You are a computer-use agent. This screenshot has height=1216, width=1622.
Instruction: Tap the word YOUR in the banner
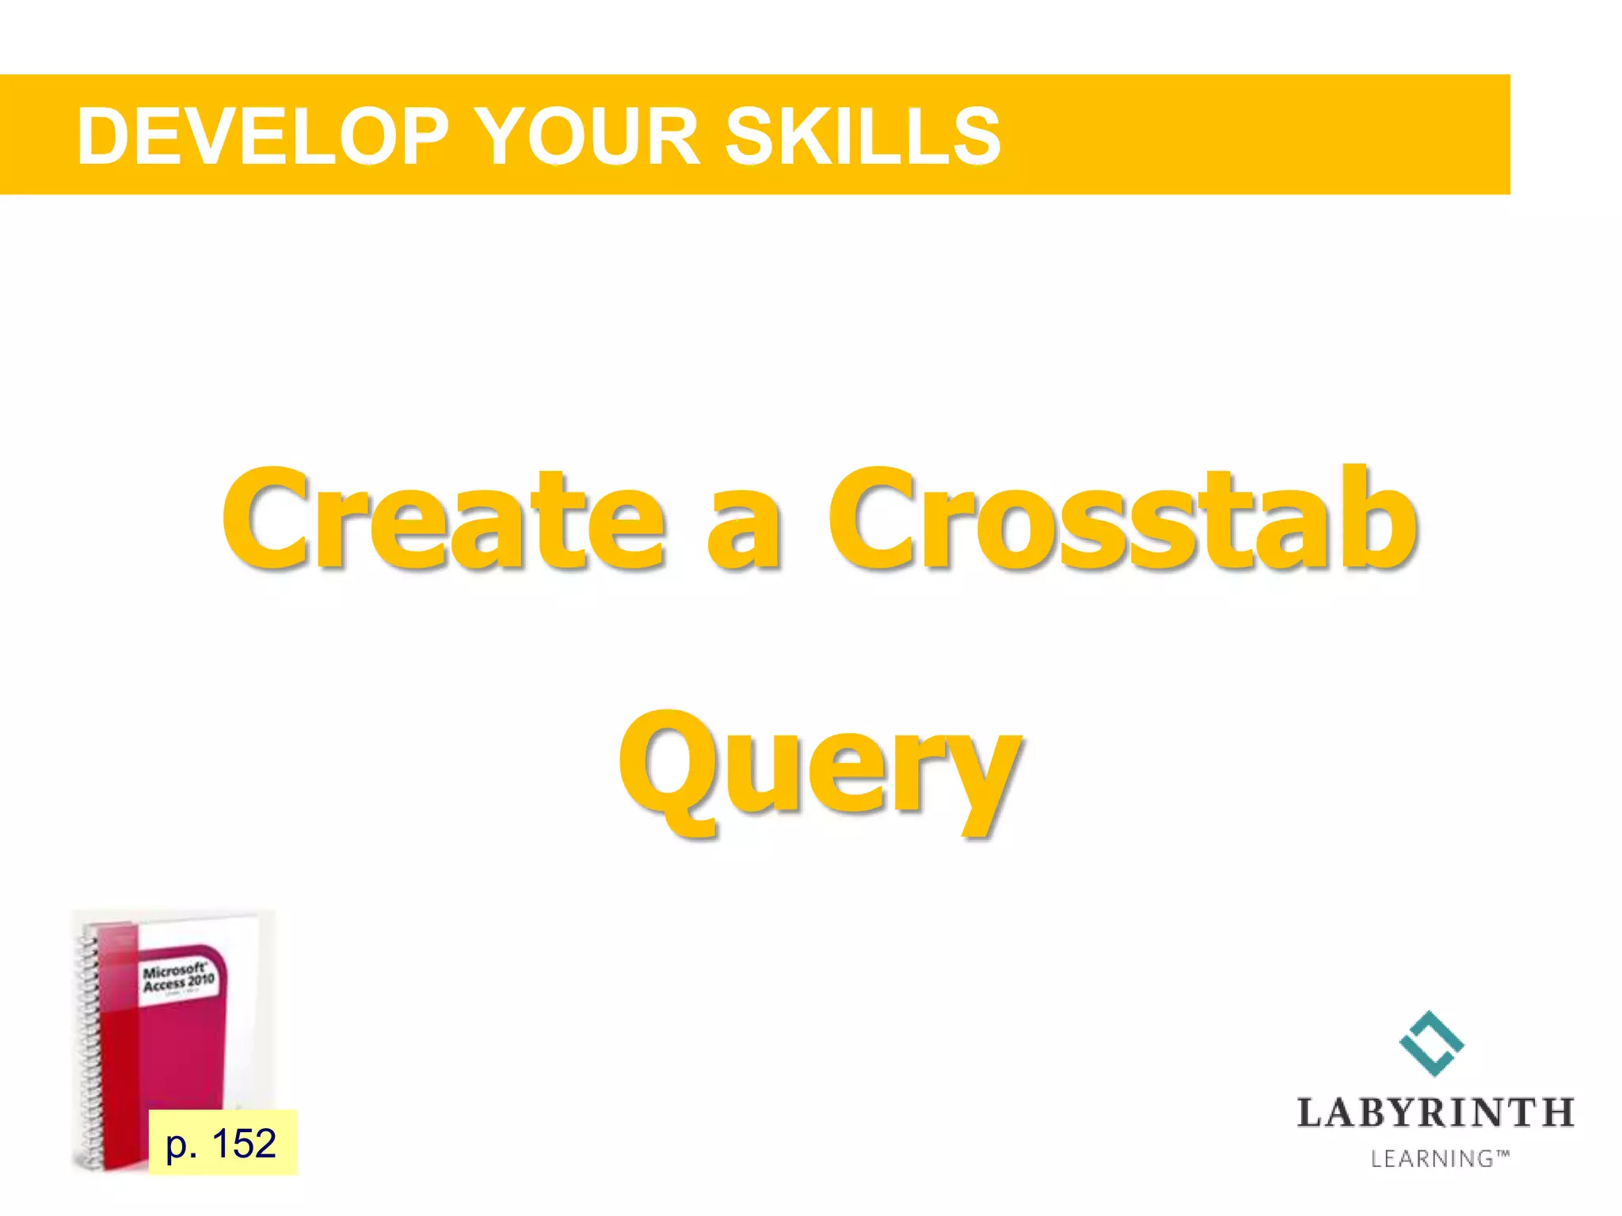tap(589, 136)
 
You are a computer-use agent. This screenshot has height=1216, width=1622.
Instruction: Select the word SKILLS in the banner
tap(862, 136)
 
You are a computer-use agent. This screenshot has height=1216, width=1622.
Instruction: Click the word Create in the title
tap(444, 519)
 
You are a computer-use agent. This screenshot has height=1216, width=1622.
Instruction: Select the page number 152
tap(244, 1142)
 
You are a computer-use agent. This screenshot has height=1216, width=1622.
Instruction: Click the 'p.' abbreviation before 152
tap(181, 1145)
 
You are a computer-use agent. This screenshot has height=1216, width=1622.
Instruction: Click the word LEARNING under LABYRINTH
tap(1432, 1159)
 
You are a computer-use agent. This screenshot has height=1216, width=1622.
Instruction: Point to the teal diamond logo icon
tap(1432, 1043)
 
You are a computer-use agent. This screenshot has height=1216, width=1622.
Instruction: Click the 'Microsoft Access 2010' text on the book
tap(178, 977)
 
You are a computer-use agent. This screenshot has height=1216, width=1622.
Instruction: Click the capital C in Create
tap(265, 519)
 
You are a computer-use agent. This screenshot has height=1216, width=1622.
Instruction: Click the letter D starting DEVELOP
tap(102, 136)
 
